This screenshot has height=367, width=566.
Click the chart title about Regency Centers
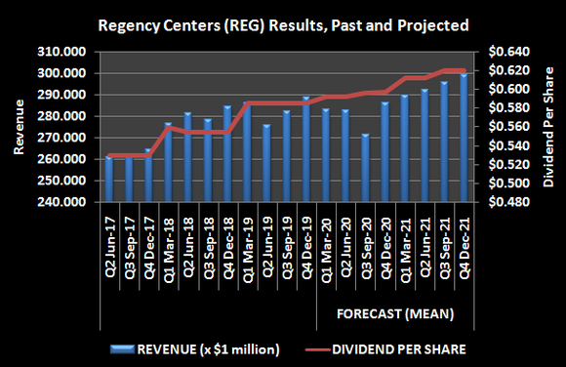point(282,22)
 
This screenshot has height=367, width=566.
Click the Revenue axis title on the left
point(18,127)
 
